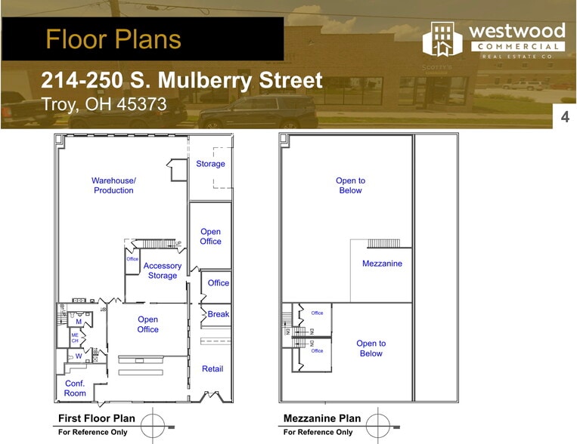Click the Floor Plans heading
click(x=113, y=39)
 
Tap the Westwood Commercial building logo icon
click(x=442, y=39)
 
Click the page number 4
click(x=565, y=117)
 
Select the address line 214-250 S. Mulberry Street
click(x=181, y=81)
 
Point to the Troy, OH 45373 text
click(x=104, y=104)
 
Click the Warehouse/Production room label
click(x=113, y=185)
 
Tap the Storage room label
click(x=210, y=164)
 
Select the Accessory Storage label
click(x=163, y=270)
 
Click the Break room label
click(x=219, y=314)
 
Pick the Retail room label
click(x=212, y=369)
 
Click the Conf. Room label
click(x=75, y=388)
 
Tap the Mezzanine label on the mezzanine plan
click(x=382, y=264)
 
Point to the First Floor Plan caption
click(x=97, y=418)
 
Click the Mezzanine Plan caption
click(x=322, y=418)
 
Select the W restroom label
click(x=78, y=356)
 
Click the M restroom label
click(x=78, y=322)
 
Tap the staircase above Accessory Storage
click(x=158, y=243)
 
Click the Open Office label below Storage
click(x=210, y=236)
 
